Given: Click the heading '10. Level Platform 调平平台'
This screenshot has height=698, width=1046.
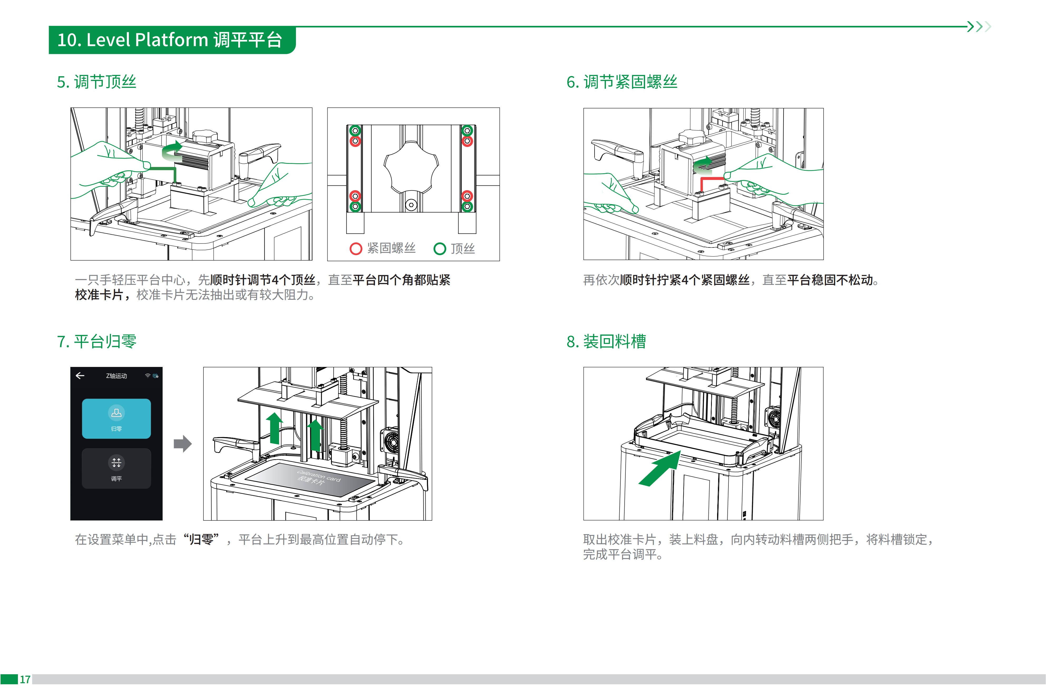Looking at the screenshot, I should [170, 40].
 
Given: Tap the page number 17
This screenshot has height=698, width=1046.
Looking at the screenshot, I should [25, 679].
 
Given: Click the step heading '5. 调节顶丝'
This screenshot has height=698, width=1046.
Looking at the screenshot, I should [96, 82].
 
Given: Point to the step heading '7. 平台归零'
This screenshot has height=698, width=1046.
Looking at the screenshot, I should [96, 341].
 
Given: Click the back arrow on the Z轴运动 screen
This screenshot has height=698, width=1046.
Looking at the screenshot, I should [80, 376].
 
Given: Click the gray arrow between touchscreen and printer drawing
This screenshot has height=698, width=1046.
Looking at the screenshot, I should [182, 443].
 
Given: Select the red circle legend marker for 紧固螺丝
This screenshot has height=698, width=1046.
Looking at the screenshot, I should [355, 248].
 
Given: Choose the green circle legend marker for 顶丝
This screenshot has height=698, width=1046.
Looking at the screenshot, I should [439, 248].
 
